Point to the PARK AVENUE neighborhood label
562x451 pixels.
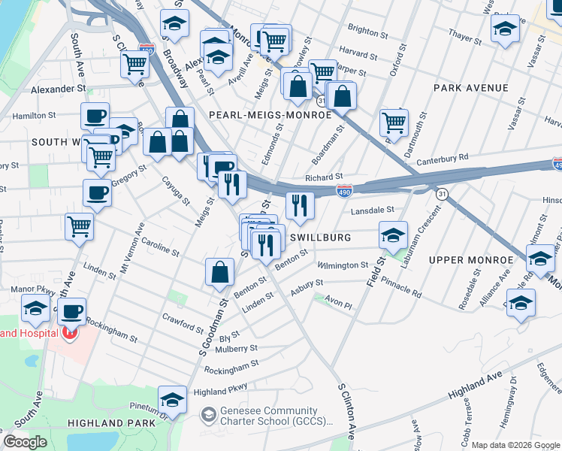click(471, 88)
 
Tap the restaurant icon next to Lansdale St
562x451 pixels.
click(300, 204)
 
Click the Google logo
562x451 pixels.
click(25, 442)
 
